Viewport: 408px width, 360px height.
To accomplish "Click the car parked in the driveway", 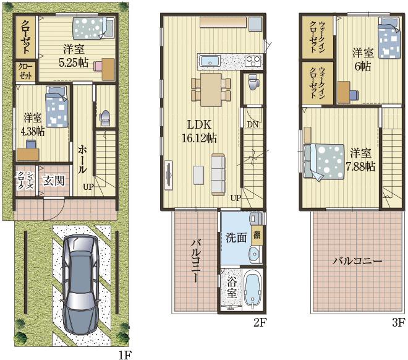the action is click(x=81, y=286).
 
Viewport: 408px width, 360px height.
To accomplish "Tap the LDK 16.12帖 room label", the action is click(x=199, y=132).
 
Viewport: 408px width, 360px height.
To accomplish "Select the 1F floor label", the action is click(x=126, y=355).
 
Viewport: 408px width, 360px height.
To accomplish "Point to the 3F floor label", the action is click(x=399, y=322).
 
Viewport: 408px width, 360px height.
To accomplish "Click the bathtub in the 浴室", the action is click(x=252, y=289).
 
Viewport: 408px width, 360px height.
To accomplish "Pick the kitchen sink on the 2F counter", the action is click(x=210, y=62).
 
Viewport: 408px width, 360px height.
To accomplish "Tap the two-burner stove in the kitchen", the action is click(x=253, y=62).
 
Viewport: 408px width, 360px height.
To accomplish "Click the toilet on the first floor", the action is click(x=105, y=118).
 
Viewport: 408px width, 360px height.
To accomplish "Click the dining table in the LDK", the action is click(x=211, y=90).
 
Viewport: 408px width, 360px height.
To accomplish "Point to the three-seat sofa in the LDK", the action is click(x=218, y=174).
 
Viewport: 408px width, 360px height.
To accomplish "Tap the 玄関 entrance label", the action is click(x=54, y=181).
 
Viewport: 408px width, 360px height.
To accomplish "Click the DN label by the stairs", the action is click(x=252, y=125).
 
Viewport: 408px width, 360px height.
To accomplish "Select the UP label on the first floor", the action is click(x=88, y=187).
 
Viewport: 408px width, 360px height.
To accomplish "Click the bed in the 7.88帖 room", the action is click(x=324, y=161).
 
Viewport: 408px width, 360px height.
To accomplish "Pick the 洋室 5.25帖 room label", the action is click(x=74, y=56).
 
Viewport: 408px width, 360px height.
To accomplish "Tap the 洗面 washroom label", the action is click(x=236, y=238).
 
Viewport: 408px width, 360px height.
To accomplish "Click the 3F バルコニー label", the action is click(x=357, y=261).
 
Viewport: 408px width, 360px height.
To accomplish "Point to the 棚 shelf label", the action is click(x=257, y=235).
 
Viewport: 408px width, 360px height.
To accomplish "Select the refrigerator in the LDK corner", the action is click(x=255, y=24).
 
